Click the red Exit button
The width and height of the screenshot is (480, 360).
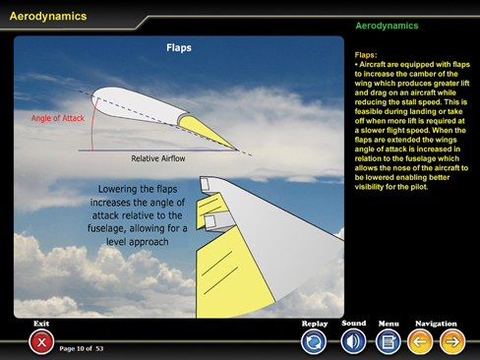(x=41, y=342)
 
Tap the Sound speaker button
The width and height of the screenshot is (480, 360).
(x=353, y=341)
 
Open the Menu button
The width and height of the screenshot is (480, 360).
(x=389, y=342)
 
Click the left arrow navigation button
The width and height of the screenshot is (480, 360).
(x=420, y=342)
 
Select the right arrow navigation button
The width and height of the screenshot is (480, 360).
(x=452, y=342)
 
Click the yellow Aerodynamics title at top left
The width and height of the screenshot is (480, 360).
(x=48, y=16)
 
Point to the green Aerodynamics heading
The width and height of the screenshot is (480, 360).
(x=387, y=26)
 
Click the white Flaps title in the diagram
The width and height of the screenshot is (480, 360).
(x=179, y=48)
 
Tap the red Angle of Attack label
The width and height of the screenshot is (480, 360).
(x=58, y=118)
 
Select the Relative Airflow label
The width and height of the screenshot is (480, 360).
(x=158, y=158)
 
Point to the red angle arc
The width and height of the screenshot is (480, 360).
(x=92, y=125)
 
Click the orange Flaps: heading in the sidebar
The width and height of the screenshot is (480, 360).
(x=366, y=55)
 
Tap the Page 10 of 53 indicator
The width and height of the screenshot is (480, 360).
(x=82, y=348)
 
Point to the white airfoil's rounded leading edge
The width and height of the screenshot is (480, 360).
(x=96, y=100)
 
